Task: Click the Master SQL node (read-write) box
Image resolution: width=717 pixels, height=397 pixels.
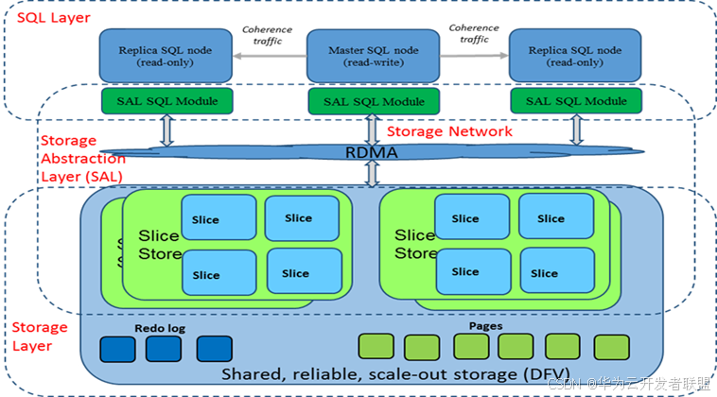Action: point(373,56)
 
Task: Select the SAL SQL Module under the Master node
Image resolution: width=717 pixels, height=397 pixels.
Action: point(373,101)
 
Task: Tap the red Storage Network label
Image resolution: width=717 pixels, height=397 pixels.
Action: point(449,131)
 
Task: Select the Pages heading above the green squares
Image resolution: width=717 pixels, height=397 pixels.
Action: point(485,326)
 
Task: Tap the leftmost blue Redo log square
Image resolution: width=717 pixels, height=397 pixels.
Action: point(118,350)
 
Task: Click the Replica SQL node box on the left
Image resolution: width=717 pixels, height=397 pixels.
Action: point(165,56)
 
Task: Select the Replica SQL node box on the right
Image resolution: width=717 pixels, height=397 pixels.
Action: point(574,56)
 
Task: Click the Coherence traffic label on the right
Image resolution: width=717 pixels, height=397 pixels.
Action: point(474,35)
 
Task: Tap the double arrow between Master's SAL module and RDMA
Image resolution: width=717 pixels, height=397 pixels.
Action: point(371,127)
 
